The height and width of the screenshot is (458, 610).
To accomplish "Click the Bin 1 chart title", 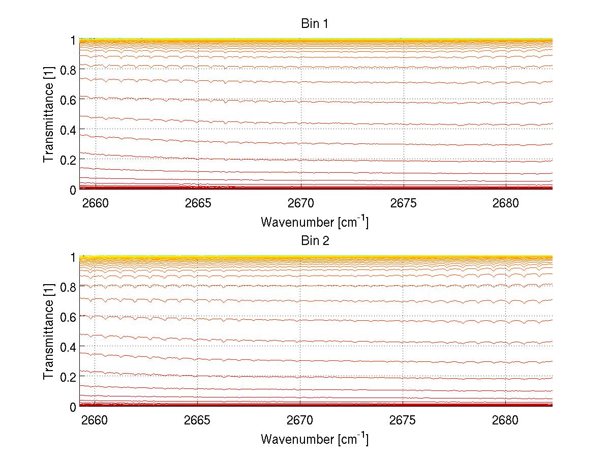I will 315,24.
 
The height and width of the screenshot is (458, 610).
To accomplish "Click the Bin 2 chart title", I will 315,241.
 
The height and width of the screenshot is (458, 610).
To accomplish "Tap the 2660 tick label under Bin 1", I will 95,204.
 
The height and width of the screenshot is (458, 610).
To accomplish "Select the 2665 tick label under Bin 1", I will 198,204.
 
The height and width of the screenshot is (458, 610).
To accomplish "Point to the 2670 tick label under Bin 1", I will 300,204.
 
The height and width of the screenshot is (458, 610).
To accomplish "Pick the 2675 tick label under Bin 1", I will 403,204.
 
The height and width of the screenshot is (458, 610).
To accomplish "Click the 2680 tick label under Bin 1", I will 506,204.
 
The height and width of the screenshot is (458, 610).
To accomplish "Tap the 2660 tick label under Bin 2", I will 95,421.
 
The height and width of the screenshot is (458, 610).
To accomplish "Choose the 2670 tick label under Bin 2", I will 300,421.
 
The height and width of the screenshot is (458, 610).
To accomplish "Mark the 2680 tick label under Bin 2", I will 506,421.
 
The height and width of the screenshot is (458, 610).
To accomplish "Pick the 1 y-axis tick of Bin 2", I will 73,258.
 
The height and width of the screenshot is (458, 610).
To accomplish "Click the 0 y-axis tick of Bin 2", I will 73,407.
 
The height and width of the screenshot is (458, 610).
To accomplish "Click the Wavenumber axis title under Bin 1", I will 315,222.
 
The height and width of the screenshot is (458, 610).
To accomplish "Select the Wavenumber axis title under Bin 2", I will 315,438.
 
